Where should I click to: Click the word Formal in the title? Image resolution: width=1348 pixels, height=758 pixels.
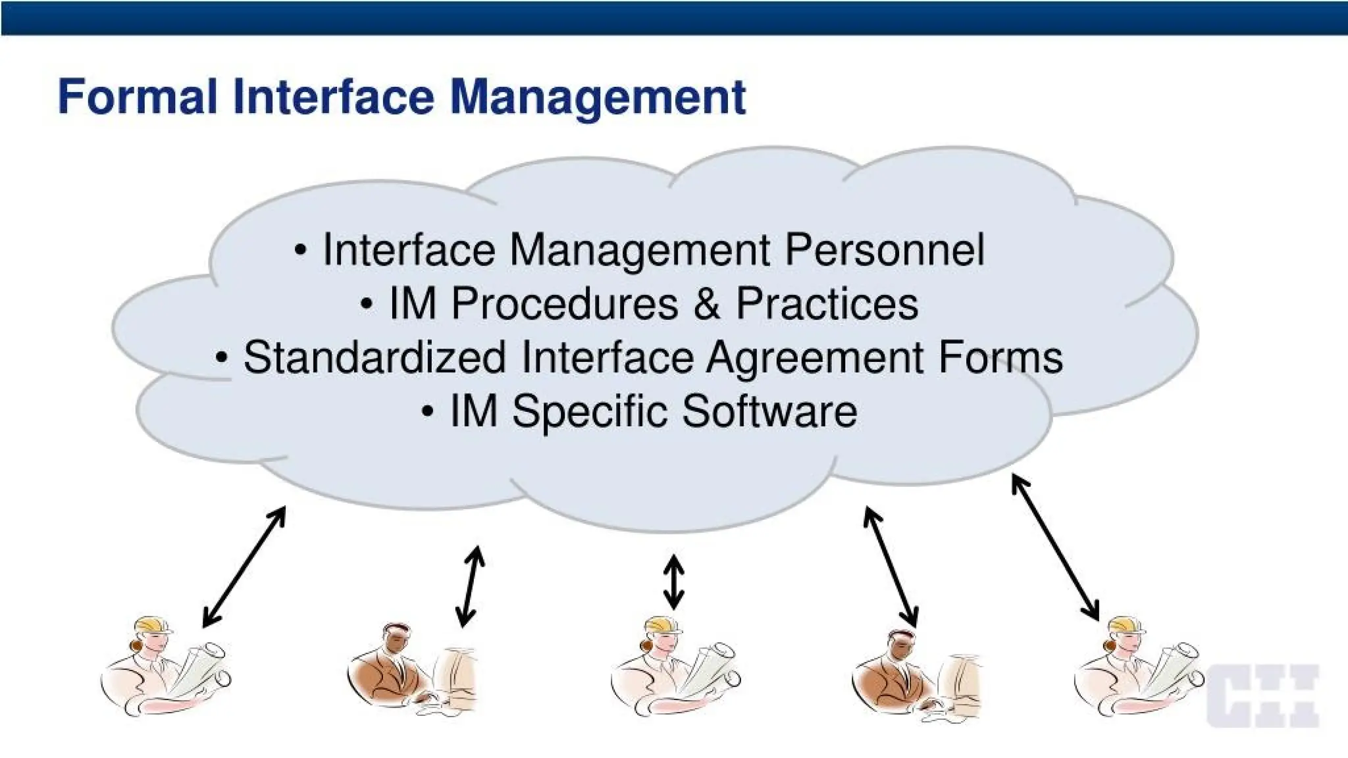coord(137,97)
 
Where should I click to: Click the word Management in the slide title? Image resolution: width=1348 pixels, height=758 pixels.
coord(598,97)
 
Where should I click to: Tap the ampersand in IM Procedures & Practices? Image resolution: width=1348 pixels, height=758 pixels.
coord(706,304)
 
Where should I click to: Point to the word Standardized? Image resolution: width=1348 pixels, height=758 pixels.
coord(375,357)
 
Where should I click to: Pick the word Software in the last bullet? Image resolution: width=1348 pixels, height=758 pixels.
coord(769,411)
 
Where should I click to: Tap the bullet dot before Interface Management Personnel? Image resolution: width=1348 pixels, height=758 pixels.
coord(301,251)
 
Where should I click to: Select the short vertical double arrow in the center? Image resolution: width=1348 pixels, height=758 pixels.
coord(673,582)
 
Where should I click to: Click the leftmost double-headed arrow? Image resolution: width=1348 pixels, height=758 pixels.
coord(244,567)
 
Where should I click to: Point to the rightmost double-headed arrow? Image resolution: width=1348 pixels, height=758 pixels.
coord(1055,548)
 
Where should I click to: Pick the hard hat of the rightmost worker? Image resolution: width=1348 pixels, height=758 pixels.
coord(1128,624)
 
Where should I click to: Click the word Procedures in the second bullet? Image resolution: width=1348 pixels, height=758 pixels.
coord(564,304)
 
